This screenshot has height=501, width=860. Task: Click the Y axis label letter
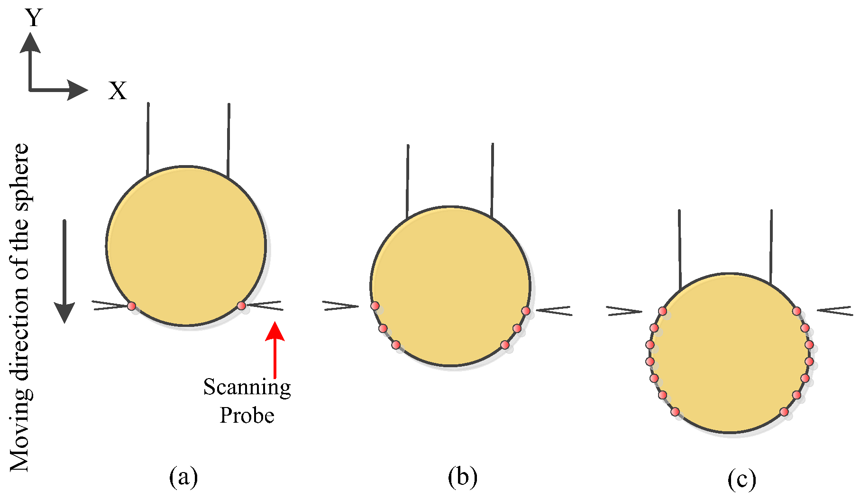[34, 18]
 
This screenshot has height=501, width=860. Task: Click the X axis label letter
[118, 90]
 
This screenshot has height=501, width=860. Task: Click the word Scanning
[247, 388]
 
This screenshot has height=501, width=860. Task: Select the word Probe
[247, 416]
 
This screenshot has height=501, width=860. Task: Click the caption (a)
[183, 477]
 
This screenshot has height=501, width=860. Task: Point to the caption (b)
[462, 477]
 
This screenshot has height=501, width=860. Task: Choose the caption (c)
[741, 480]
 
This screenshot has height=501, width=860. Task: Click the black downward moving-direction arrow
[64, 271]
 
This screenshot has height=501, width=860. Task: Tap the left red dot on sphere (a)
[132, 306]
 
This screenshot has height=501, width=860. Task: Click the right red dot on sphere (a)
[241, 306]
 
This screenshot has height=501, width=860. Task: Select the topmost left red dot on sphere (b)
[375, 306]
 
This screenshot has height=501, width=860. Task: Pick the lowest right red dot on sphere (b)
[505, 345]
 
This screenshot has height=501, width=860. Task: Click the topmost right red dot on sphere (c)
[796, 311]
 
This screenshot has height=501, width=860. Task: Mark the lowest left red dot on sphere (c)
[675, 412]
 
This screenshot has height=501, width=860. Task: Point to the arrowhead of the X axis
[78, 90]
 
